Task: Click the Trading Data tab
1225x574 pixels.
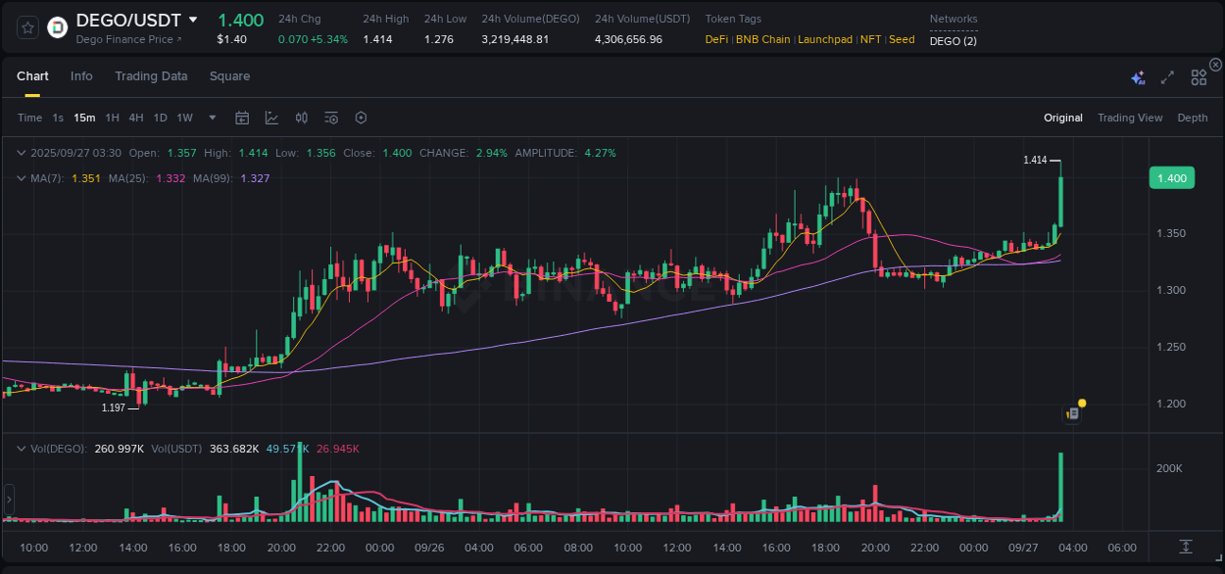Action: tap(151, 76)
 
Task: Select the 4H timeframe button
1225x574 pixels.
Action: tap(136, 118)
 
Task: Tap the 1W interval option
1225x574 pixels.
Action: tap(184, 118)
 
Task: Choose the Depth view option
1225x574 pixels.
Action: tap(1193, 118)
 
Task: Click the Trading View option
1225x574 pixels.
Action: tap(1130, 118)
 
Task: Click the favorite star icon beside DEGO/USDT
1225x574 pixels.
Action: tap(27, 27)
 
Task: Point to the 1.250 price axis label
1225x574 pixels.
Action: tap(1170, 347)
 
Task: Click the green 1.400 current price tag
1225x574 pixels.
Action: tap(1171, 178)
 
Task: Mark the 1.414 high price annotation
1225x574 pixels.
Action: tap(1035, 160)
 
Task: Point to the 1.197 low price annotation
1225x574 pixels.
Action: tap(114, 407)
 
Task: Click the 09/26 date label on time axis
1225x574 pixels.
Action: tap(428, 548)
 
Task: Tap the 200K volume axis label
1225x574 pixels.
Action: tap(1169, 469)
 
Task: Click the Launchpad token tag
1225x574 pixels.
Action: tap(825, 40)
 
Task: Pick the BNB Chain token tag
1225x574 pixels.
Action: tap(762, 40)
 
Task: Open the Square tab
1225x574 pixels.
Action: tap(229, 76)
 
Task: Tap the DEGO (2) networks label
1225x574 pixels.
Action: tap(953, 40)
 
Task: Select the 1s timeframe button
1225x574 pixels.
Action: tap(58, 118)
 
